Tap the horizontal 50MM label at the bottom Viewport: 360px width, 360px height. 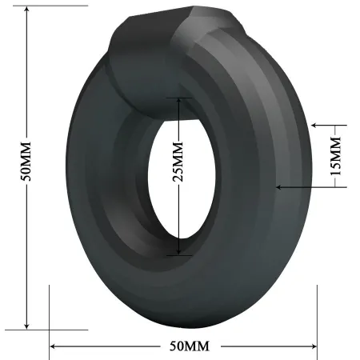pyautogui.click(x=185, y=346)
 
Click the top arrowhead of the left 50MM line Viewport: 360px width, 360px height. pyautogui.click(x=26, y=10)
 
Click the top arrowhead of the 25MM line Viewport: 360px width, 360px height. pyautogui.click(x=178, y=102)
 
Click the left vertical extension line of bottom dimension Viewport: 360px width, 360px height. pyautogui.click(x=50, y=316)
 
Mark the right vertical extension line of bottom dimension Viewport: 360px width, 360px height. pyautogui.click(x=318, y=316)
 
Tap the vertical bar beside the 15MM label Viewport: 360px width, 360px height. pyautogui.click(x=346, y=157)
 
